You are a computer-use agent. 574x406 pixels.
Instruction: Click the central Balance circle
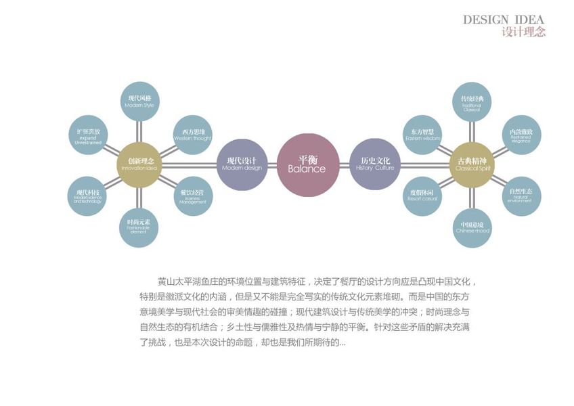[x=307, y=164]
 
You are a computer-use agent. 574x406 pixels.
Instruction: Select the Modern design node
[x=242, y=164]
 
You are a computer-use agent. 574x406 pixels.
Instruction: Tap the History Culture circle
[x=374, y=164]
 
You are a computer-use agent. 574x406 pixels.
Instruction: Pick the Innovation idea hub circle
[x=140, y=164]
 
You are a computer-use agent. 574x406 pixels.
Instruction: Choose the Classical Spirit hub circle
[x=472, y=164]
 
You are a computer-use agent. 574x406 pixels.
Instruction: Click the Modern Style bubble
[x=139, y=102]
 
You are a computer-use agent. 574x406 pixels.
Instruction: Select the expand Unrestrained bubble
[x=89, y=135]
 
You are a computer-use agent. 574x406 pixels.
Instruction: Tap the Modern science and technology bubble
[x=87, y=196]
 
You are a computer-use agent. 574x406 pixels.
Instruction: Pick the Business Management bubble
[x=193, y=196]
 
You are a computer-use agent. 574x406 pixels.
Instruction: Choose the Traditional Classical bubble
[x=471, y=102]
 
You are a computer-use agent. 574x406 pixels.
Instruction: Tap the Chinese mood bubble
[x=472, y=227]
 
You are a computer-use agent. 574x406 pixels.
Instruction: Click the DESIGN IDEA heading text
[x=503, y=20]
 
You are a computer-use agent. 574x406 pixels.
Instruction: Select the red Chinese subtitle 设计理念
[x=523, y=32]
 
